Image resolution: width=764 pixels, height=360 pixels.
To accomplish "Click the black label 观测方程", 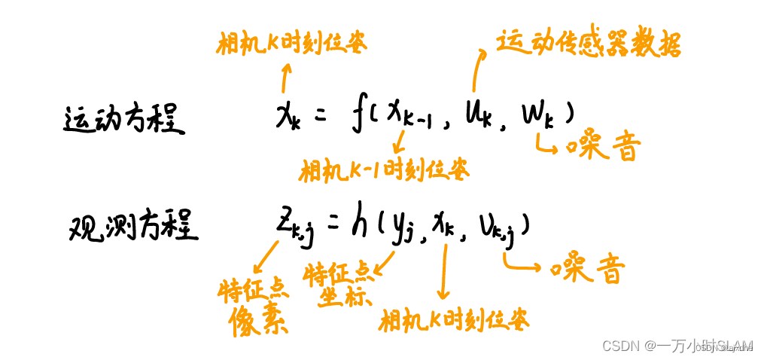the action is pos(134,225).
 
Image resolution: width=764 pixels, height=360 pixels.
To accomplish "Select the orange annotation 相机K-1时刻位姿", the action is pos(383,171).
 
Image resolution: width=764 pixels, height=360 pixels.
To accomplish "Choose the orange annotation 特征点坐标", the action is pos(338,285).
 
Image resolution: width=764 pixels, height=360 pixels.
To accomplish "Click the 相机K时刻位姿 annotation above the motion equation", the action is pos(291,44).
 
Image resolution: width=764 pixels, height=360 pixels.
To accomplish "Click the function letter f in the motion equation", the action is pos(360,117).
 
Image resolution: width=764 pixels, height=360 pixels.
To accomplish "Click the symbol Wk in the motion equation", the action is pos(536,117).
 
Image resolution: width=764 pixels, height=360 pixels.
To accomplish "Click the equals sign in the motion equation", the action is pos(320,117).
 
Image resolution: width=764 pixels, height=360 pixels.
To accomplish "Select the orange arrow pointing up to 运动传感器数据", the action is pos(477,75).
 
